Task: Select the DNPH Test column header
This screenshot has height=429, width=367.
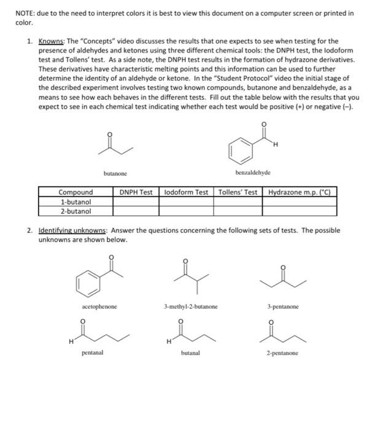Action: (136, 192)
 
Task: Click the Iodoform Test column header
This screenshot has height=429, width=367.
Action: (187, 192)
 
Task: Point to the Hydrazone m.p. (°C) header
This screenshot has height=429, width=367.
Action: (300, 192)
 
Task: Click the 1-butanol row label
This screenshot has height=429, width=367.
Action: (75, 201)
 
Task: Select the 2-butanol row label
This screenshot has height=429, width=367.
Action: (75, 210)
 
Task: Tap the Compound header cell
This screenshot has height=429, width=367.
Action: (76, 192)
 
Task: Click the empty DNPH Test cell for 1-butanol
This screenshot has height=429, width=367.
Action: (136, 201)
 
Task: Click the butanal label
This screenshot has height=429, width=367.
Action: (189, 353)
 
